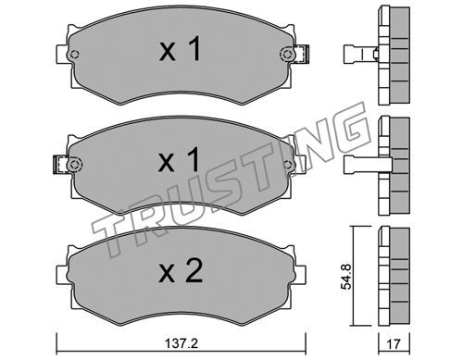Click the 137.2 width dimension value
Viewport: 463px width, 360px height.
pyautogui.click(x=181, y=343)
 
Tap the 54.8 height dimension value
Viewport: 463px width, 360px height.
pyautogui.click(x=346, y=277)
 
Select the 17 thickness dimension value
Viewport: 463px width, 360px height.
pyautogui.click(x=394, y=343)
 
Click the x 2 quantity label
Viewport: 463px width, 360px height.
pyautogui.click(x=181, y=271)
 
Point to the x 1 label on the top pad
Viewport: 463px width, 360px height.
pyautogui.click(x=180, y=48)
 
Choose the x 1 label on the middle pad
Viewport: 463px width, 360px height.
pyautogui.click(x=179, y=159)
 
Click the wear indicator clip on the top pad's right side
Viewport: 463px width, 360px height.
pyautogui.click(x=301, y=55)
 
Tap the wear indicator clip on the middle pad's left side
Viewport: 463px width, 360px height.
pyautogui.click(x=61, y=165)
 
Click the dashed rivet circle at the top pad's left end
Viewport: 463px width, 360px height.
pyautogui.click(x=74, y=55)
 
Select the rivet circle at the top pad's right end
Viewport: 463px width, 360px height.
pyautogui.click(x=286, y=55)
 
